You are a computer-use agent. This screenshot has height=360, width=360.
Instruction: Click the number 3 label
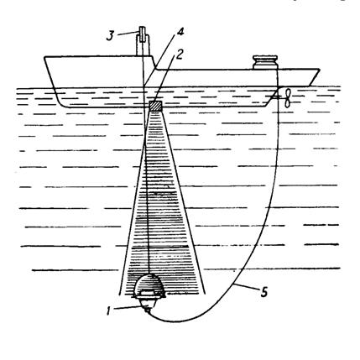point(110,36)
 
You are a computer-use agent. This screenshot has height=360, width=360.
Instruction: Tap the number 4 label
point(180,32)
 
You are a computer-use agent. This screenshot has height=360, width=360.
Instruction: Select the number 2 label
point(179,55)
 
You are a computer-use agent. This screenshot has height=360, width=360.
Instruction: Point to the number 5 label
point(263,292)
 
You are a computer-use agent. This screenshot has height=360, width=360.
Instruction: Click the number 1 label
point(108,310)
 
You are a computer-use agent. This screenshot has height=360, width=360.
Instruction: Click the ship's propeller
point(287,97)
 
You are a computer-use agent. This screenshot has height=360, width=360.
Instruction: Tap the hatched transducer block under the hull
point(155,106)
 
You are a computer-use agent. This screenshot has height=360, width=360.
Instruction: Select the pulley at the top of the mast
point(143,34)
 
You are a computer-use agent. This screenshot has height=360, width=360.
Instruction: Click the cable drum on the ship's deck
point(265,62)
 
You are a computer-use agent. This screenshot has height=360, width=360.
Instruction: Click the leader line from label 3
point(128,34)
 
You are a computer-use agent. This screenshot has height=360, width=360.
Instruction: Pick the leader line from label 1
point(130,307)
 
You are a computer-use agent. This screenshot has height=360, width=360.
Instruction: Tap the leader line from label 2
point(165,81)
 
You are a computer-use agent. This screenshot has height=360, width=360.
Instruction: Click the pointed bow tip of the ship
point(320,69)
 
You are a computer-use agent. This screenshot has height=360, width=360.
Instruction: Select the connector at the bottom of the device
point(148,310)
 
